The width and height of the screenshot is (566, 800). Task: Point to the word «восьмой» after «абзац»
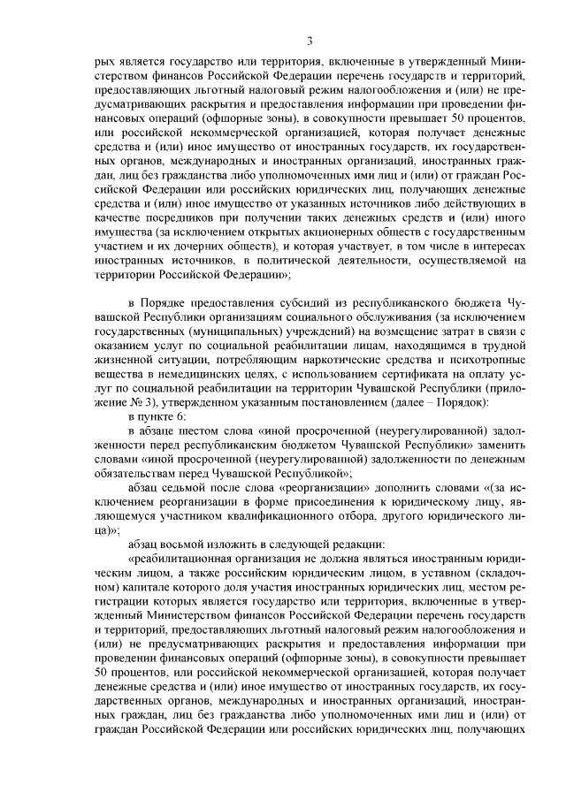[189, 542]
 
